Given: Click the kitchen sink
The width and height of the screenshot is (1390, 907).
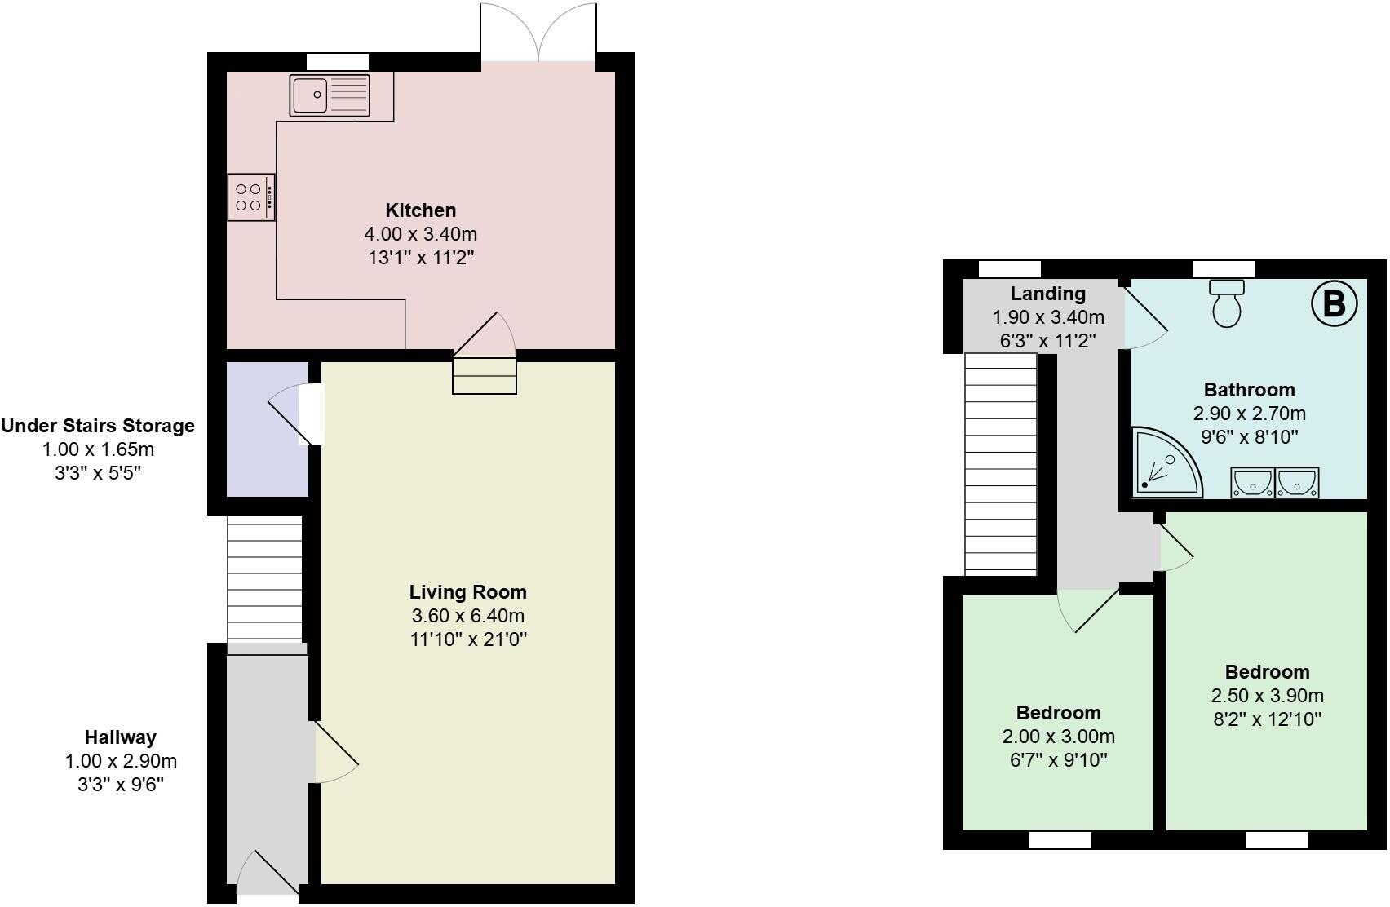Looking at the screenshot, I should [330, 95].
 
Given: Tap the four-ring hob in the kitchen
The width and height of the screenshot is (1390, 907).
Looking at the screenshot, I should [250, 197].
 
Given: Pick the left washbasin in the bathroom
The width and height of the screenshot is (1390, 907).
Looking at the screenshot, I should [1252, 483].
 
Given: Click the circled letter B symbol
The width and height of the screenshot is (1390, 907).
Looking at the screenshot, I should [1334, 303].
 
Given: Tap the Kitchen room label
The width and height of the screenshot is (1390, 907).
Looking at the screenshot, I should [420, 210].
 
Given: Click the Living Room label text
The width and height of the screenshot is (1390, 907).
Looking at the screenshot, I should [467, 592].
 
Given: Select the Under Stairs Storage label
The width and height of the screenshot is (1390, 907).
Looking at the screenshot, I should [98, 426].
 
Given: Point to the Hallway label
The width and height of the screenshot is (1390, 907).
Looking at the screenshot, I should [120, 737].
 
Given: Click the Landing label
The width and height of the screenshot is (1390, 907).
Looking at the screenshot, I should [1047, 294].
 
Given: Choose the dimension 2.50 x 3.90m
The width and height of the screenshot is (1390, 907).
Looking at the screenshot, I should [1267, 696].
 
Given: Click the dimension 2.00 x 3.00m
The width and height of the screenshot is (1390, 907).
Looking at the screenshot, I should [1058, 737].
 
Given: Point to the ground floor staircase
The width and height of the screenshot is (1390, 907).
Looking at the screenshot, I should [264, 581].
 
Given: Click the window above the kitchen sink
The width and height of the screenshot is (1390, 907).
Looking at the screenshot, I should [337, 62].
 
